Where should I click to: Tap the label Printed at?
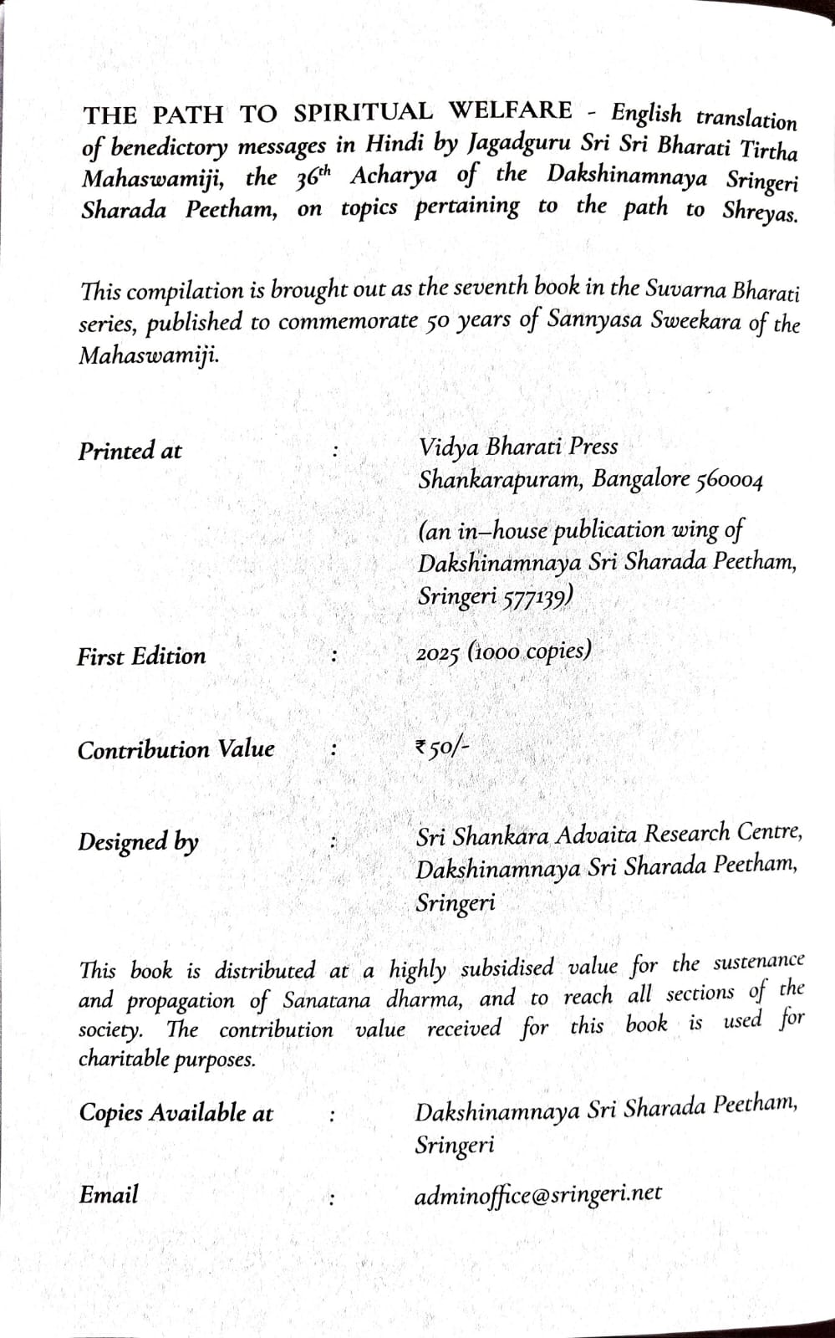point(130,452)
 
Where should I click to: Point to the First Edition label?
point(141,656)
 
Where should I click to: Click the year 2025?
point(438,653)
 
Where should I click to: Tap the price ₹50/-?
point(442,747)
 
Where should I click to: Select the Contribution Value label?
point(176,749)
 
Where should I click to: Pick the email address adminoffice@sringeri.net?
point(537,1194)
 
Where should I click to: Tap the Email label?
point(109,1195)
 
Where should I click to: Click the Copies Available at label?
point(176,1113)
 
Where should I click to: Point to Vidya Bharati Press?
point(518,447)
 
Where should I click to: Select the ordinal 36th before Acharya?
point(315,177)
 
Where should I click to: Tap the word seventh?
point(490,287)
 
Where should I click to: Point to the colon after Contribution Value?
point(333,750)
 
